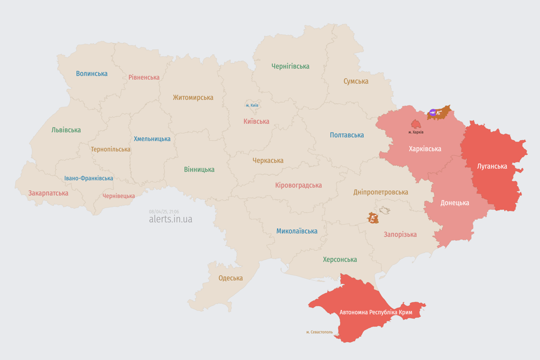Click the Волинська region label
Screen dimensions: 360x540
91,74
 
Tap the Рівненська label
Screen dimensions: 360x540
144,77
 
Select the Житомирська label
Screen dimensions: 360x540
193,97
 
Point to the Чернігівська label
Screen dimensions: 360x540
290,66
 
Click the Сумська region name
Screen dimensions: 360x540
356,81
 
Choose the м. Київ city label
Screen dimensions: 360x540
252,105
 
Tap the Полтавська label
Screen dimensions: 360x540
347,135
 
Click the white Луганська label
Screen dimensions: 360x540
492,166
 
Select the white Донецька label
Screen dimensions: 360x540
454,203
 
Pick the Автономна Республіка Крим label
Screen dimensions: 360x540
375,312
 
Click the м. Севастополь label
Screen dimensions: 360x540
319,332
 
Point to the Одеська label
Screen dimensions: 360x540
231,278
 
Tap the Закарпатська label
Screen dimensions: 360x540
48,193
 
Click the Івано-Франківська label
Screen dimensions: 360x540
89,179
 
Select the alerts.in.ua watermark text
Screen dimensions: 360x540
170,219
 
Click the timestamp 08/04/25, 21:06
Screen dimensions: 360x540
164,212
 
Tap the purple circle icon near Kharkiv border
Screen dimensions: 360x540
433,112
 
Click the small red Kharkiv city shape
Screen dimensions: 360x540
416,124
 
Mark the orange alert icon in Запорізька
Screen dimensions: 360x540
373,218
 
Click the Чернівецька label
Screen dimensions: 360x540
119,196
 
